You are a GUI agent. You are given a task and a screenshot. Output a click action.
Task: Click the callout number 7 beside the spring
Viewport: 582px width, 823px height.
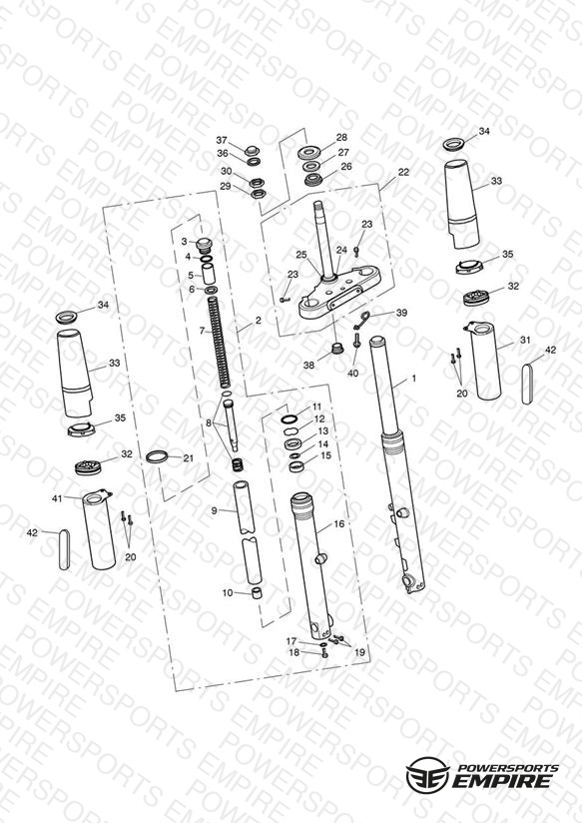202,331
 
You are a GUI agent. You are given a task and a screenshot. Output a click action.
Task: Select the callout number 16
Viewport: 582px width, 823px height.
339,523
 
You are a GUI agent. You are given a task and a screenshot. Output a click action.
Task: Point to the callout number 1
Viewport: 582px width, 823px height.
413,378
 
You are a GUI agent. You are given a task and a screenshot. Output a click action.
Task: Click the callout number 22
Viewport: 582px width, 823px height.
403,172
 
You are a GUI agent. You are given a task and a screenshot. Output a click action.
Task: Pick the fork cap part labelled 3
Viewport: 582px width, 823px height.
202,245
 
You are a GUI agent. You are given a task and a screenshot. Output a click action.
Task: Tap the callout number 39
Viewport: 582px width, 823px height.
401,313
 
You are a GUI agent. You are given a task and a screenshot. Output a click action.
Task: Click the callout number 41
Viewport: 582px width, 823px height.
57,498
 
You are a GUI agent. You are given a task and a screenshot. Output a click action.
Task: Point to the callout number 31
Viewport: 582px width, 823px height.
525,341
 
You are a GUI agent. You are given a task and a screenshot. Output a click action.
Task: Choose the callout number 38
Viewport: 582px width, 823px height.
308,365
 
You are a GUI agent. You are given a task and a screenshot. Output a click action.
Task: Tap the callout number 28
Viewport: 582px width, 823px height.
341,138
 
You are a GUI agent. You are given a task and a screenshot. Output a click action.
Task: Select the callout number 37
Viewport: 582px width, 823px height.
222,140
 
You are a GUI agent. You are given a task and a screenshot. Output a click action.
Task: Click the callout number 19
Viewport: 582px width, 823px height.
359,652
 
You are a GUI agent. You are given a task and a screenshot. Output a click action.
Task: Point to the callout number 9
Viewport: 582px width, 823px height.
214,510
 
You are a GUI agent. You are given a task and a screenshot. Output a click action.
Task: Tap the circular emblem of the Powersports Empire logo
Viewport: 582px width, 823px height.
428,774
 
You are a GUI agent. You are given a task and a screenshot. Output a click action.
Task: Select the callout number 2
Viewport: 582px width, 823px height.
258,321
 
